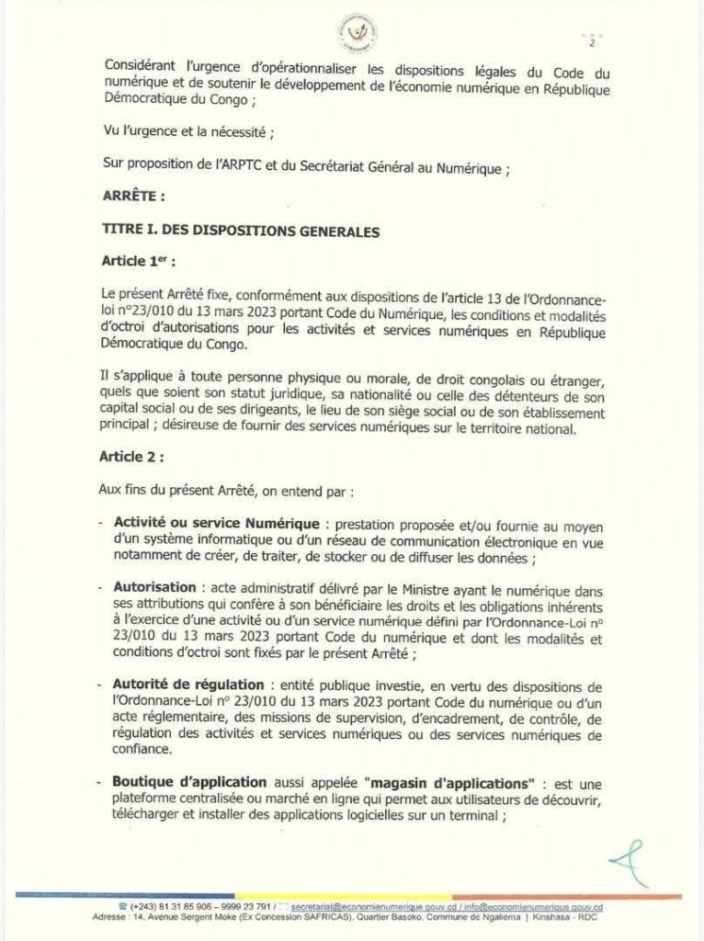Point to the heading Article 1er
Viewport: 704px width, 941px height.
pos(137,262)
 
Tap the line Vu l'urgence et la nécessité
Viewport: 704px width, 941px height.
pos(189,133)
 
